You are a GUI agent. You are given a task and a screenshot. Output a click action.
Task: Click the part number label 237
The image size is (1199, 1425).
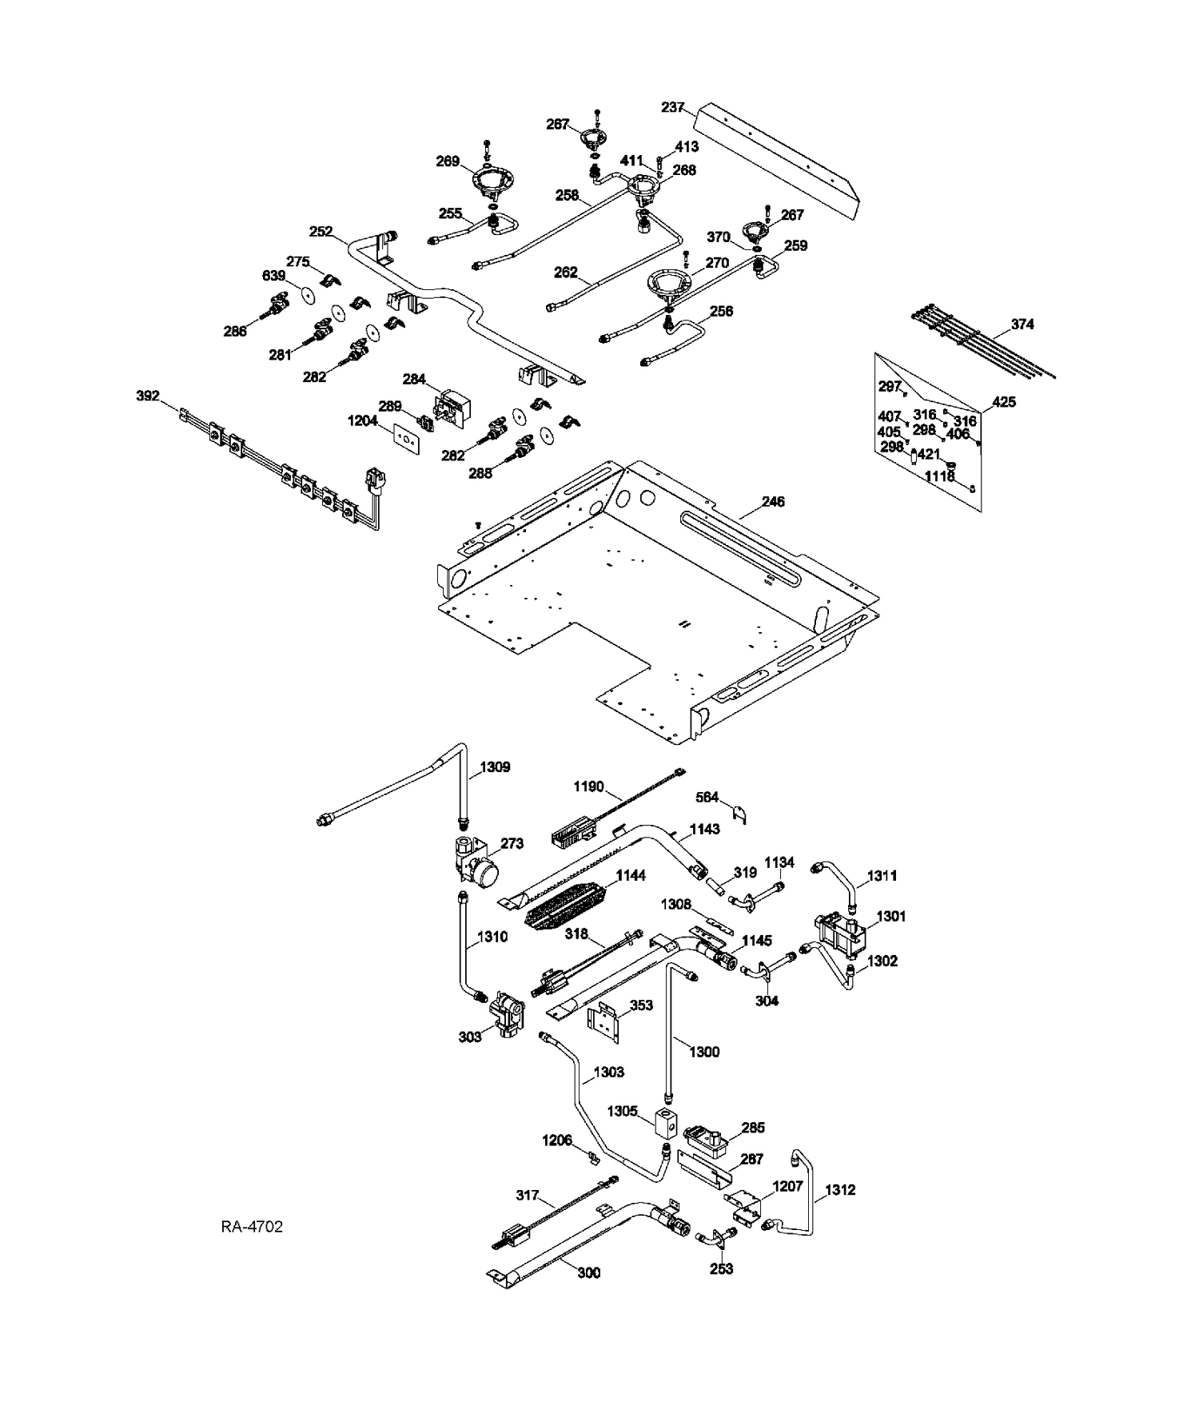[x=672, y=107]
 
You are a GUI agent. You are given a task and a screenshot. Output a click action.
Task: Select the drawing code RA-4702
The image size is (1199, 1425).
[x=252, y=1226]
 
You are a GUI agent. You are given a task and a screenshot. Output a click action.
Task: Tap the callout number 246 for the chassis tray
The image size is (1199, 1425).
[x=773, y=502]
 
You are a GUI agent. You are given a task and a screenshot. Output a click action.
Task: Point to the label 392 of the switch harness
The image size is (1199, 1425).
[x=148, y=396]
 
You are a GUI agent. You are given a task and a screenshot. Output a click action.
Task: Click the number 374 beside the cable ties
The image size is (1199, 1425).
[x=1022, y=324]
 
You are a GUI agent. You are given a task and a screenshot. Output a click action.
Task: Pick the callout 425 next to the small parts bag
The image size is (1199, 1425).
[x=1004, y=402]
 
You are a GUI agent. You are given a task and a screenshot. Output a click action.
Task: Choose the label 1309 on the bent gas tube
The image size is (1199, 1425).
[x=495, y=767]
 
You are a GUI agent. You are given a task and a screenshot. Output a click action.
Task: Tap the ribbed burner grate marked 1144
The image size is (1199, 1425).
[x=568, y=905]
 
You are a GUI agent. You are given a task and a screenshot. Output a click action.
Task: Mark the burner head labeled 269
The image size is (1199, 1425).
[x=494, y=185]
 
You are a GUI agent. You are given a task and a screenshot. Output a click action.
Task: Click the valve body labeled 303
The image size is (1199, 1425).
[x=508, y=1013]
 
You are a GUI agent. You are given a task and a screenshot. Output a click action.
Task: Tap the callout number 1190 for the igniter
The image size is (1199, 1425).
[x=589, y=787]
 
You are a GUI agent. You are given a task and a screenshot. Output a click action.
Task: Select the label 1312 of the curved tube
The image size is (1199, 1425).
[x=840, y=1190]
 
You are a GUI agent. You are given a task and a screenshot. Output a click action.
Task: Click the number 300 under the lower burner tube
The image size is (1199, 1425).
[x=589, y=1273]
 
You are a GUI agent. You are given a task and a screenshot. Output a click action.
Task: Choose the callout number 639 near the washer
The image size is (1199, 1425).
[x=273, y=276]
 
